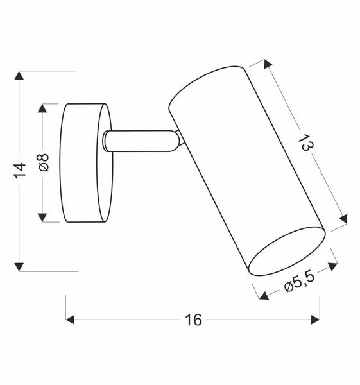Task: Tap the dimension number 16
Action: [x=194, y=319]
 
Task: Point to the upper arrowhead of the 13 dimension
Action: [x=264, y=65]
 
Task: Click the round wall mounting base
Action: [x=84, y=162]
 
